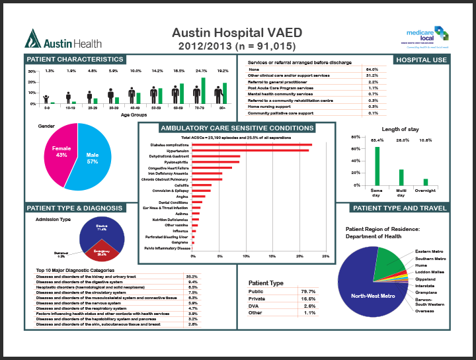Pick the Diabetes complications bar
(252, 144)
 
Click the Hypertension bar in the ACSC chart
(251, 150)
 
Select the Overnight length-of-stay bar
(425, 181)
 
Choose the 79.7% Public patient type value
(307, 291)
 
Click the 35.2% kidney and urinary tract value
(192, 276)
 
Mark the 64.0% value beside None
(372, 69)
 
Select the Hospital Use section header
(421, 60)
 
